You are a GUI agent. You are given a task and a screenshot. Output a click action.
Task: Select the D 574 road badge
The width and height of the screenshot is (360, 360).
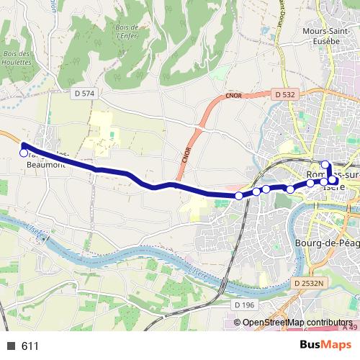(x=84, y=94)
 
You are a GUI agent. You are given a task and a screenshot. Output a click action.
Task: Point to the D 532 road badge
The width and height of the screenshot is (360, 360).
(x=284, y=94)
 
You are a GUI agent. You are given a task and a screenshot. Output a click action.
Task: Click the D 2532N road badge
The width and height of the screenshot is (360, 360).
(x=310, y=284)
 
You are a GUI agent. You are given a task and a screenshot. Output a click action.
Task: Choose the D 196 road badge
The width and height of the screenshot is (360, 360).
(x=245, y=305)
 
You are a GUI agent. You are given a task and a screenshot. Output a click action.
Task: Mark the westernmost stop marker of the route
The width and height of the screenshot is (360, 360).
(x=23, y=153)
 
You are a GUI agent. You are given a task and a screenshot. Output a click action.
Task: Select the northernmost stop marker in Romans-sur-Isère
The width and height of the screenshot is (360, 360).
(x=325, y=164)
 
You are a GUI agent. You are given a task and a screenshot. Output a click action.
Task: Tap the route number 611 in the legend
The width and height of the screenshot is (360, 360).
(x=30, y=346)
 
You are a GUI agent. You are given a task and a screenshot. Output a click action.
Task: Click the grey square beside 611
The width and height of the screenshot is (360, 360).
(x=11, y=346)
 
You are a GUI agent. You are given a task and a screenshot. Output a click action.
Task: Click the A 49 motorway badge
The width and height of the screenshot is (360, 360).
(x=350, y=328)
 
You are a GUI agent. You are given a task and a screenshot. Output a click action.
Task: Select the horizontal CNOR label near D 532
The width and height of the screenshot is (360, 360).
(x=233, y=94)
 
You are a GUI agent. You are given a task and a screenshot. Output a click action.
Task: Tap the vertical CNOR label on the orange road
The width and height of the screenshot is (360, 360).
(x=185, y=153)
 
